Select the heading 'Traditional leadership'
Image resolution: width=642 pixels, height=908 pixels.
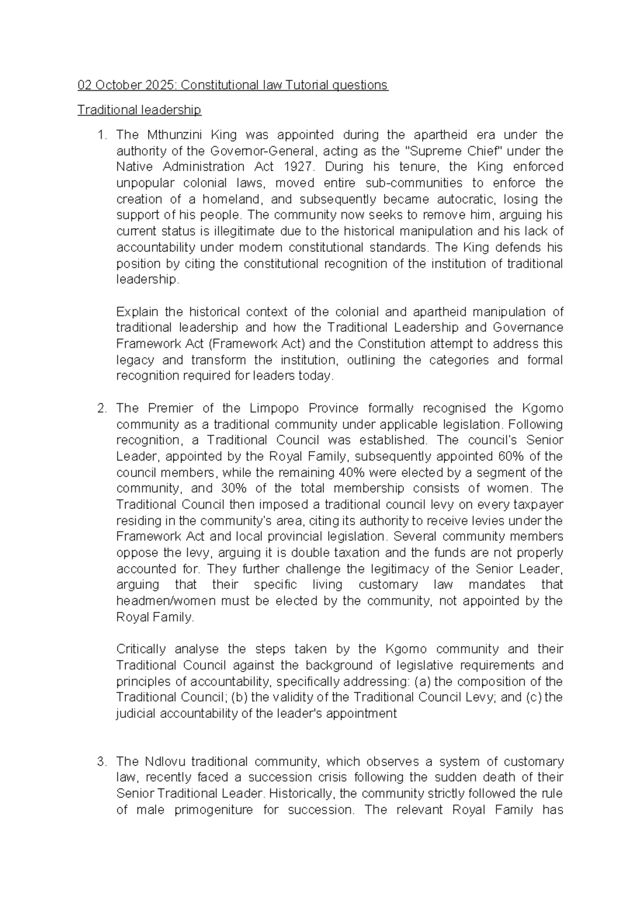[139, 110]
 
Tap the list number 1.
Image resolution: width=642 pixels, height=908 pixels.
[102, 135]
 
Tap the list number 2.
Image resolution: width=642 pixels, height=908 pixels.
[102, 408]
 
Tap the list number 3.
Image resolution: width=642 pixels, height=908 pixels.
[102, 762]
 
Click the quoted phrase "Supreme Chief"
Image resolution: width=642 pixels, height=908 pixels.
[448, 151]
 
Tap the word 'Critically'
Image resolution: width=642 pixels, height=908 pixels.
[141, 649]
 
